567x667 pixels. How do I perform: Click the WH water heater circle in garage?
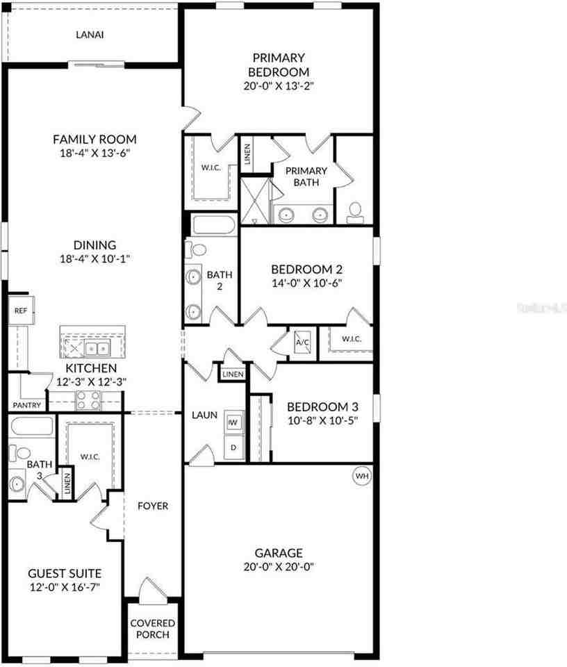pos(361,475)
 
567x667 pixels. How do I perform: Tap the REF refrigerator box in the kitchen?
pos(21,311)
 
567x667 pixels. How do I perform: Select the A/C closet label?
pos(302,342)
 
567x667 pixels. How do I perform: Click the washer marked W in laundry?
pos(233,422)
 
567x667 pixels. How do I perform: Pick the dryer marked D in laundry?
pos(234,447)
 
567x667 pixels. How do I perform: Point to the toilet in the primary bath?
pos(355,213)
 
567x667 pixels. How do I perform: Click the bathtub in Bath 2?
pos(213,225)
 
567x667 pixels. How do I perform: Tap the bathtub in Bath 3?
pos(33,427)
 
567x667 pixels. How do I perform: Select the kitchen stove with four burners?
pos(88,401)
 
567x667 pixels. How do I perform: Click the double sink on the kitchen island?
pos(97,349)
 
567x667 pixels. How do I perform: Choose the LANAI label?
pos(90,35)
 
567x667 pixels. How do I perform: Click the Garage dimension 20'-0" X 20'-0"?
pos(279,567)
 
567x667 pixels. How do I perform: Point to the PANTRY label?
pos(27,405)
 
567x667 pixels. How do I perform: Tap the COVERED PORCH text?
pos(153,629)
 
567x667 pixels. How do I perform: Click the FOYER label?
pos(153,506)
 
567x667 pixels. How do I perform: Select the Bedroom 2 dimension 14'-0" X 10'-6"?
pos(307,283)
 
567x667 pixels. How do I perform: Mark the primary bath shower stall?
pos(255,201)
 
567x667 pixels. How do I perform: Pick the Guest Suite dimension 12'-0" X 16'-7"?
pos(65,587)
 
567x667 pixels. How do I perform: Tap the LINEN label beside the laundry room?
pos(233,374)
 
